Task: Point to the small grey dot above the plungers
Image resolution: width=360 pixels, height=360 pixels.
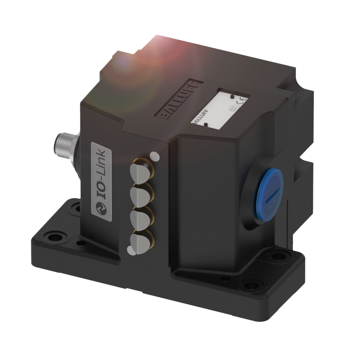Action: [x=154, y=156]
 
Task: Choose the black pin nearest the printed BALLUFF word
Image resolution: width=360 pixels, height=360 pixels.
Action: [x=205, y=125]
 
